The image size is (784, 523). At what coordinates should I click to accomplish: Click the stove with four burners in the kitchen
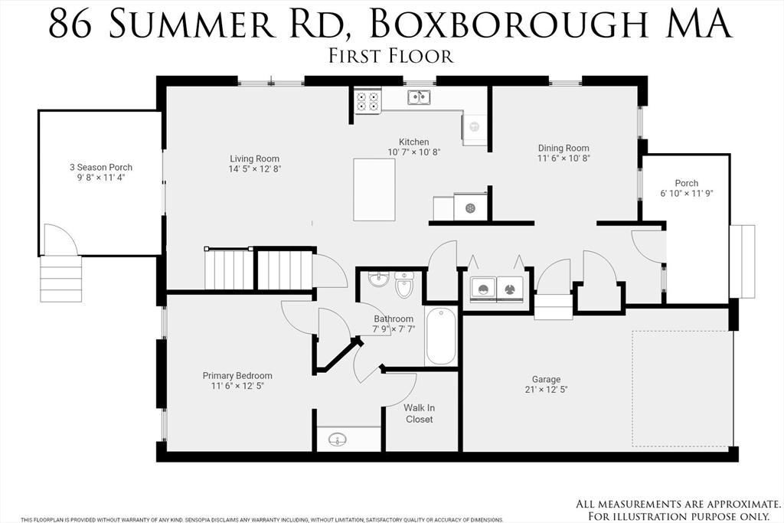367,102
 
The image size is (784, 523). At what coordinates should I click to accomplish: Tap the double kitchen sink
419,97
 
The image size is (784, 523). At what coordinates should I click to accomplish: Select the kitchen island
374,188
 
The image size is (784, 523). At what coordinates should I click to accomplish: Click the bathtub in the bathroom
441,336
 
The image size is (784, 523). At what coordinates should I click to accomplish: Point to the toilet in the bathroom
403,287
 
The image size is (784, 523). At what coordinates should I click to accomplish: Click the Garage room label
546,379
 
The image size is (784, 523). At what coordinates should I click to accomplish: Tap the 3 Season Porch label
100,167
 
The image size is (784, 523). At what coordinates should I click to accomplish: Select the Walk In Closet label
419,413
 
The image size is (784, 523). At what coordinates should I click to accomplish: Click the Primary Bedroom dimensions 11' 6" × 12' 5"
237,387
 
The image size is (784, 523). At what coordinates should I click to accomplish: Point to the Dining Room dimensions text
563,159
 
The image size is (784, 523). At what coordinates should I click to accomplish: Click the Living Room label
254,159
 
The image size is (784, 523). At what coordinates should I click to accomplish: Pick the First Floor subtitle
391,55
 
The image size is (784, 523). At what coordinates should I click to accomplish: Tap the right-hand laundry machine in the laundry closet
509,289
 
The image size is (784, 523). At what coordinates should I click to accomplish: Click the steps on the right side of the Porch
742,261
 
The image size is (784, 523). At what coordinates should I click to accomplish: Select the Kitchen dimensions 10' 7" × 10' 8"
413,152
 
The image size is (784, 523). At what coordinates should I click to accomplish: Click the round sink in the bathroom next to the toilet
378,279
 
